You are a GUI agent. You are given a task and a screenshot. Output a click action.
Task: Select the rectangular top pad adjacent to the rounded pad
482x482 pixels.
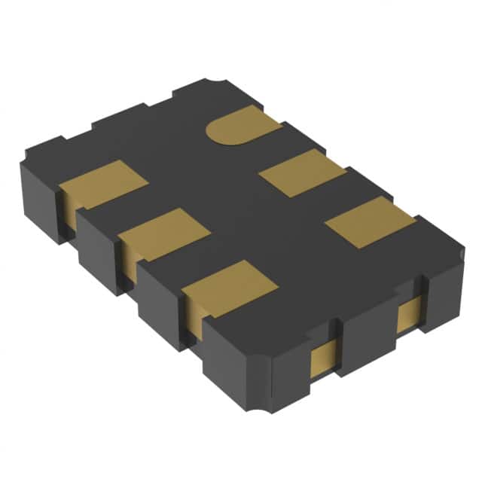(x=301, y=172)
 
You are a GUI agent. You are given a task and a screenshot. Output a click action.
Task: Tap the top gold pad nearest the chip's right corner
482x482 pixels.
(x=369, y=221)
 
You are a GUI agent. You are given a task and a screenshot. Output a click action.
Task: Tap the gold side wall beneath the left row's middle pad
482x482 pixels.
(x=129, y=260)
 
